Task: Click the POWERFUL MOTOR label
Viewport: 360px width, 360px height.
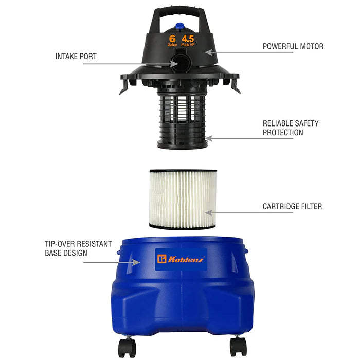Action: (x=293, y=46)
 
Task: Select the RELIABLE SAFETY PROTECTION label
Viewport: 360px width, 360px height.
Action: (x=291, y=128)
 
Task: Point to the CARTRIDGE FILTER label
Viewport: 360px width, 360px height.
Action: (x=292, y=206)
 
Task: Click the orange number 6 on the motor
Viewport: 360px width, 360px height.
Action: (x=172, y=39)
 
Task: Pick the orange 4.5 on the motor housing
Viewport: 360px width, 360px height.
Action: (x=189, y=39)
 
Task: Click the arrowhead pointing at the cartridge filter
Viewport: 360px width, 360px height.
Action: (x=208, y=212)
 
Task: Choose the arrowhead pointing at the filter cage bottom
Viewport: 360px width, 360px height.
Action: (x=208, y=138)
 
